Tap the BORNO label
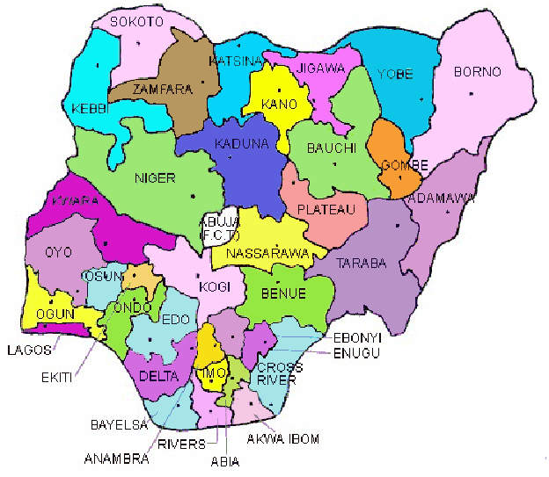point(477,72)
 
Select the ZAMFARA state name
point(156,90)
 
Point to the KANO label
point(279,105)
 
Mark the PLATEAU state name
point(326,209)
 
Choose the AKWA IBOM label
point(282,437)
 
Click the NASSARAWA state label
point(267,253)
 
